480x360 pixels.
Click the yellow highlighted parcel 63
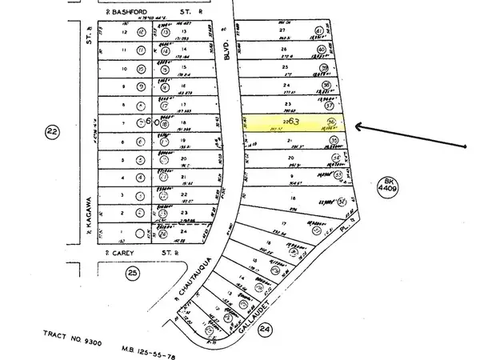296,123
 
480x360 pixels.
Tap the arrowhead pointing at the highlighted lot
358,126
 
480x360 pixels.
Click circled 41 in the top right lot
319,32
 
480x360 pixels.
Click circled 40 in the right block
322,49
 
